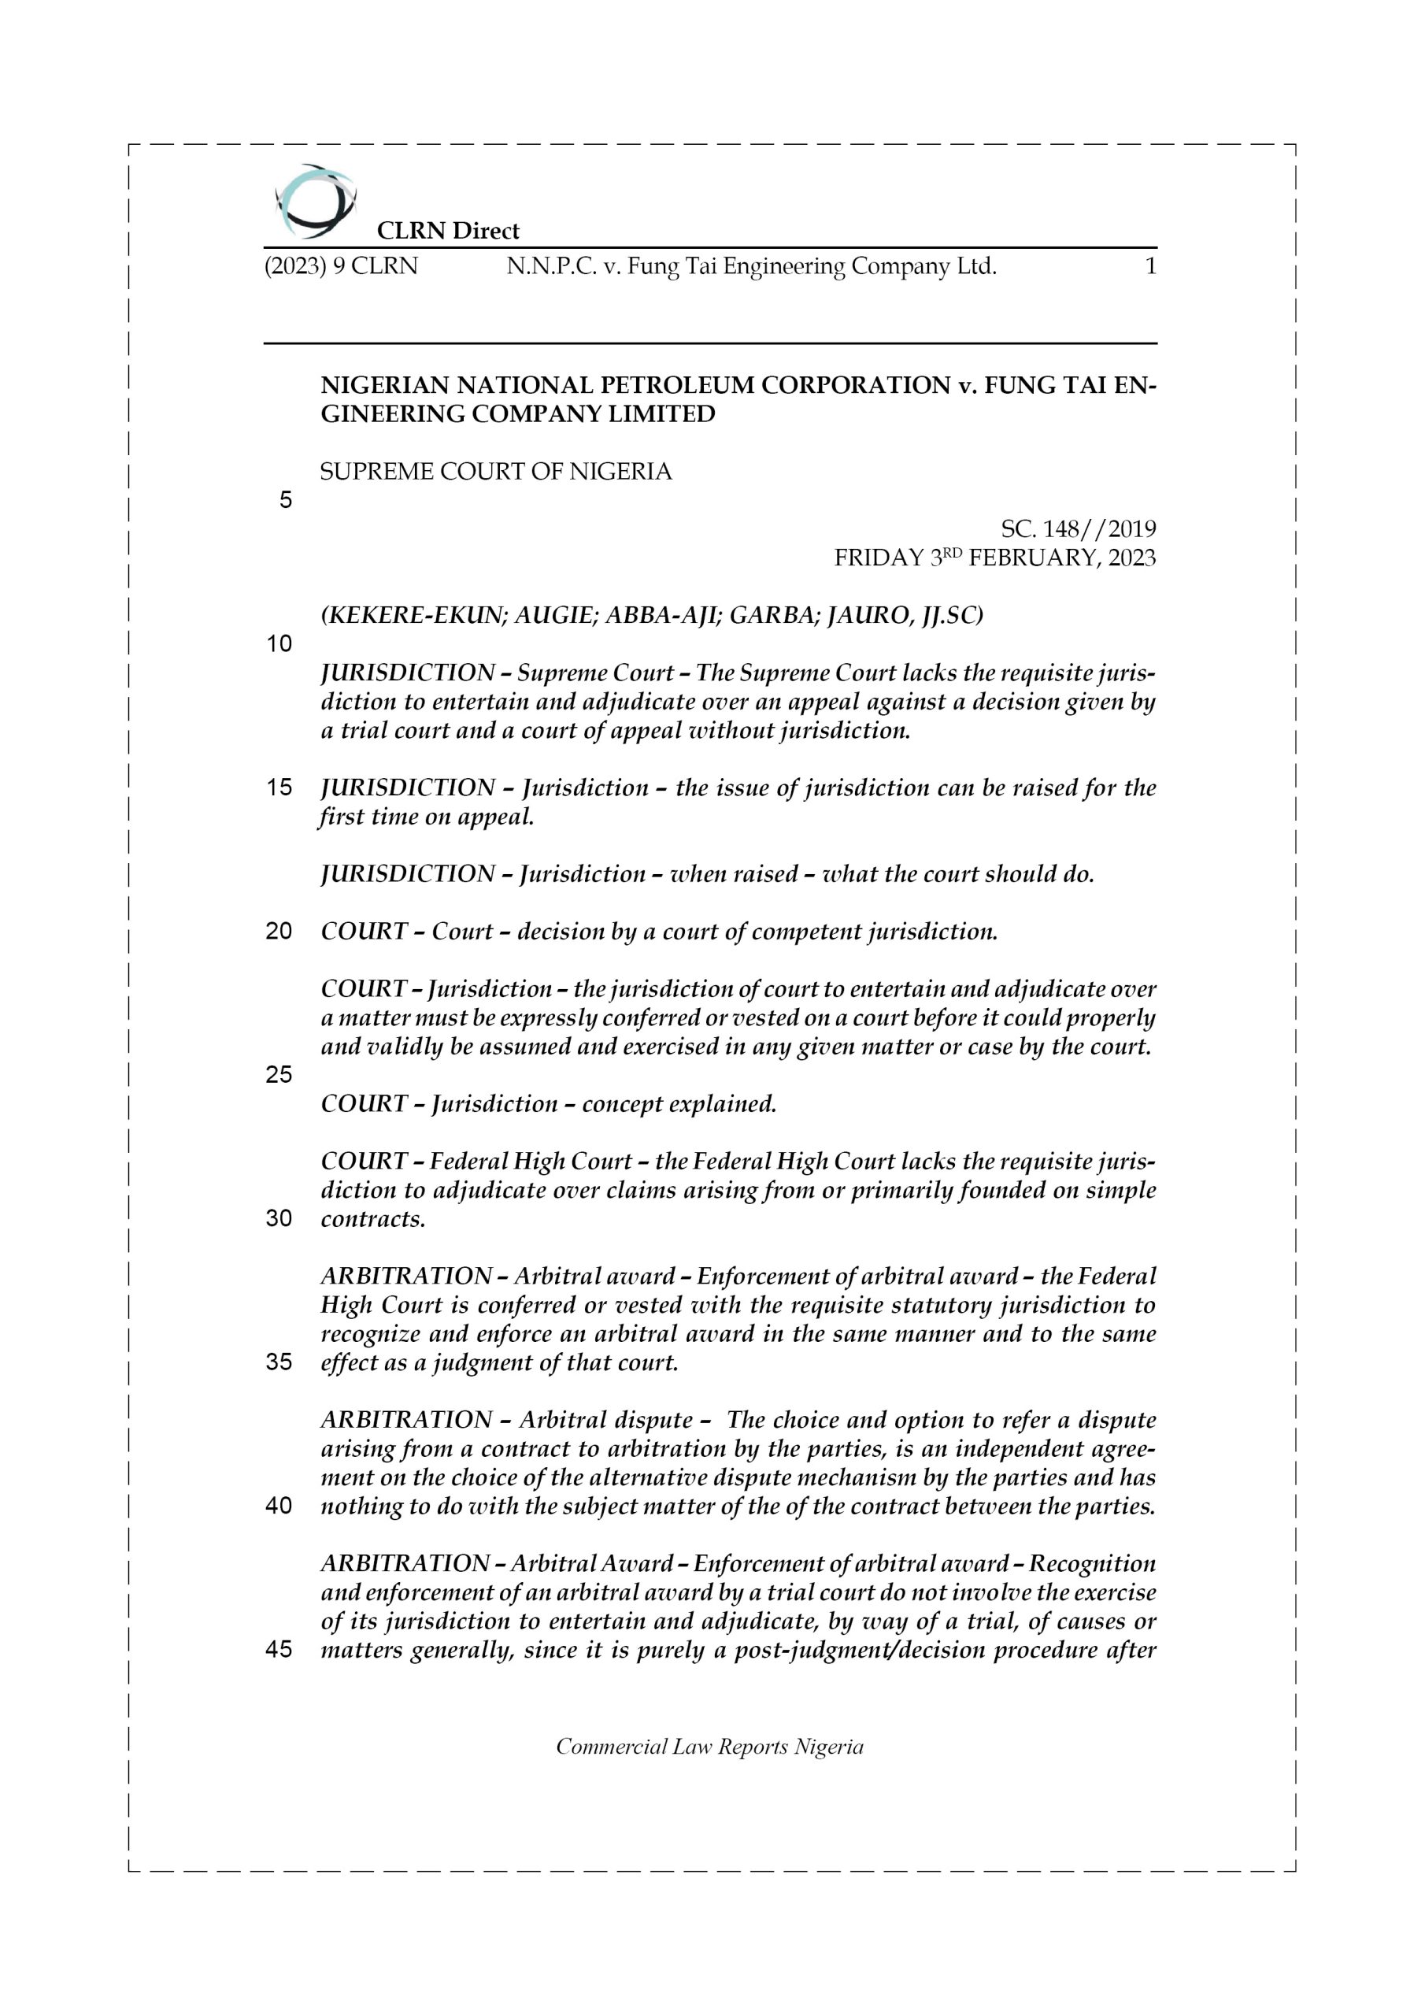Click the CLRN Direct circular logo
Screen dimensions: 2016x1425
315,202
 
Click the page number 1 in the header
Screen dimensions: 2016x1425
1150,266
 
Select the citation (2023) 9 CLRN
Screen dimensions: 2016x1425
341,266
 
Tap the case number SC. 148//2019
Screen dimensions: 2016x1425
1078,529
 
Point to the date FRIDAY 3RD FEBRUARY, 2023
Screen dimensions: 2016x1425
995,558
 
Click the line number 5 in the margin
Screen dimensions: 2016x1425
285,501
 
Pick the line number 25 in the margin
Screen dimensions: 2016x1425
279,1075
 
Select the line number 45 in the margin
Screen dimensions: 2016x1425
279,1650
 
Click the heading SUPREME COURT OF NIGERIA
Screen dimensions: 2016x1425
496,472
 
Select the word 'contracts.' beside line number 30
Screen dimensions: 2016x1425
373,1219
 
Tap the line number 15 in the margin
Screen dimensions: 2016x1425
279,787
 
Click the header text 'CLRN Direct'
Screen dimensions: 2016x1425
448,231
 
